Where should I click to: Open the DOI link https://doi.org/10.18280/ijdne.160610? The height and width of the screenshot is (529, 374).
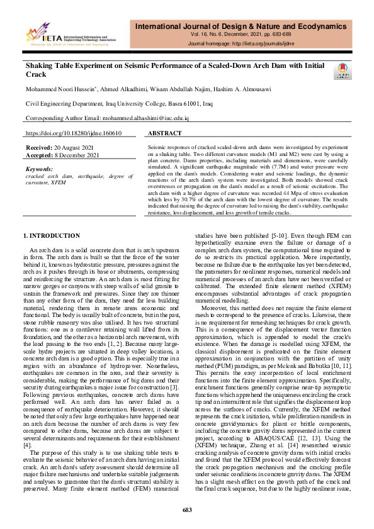tap(73, 133)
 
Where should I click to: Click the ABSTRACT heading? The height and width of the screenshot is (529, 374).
tap(165, 133)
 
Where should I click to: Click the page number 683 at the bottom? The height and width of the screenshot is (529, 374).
tap(187, 510)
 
